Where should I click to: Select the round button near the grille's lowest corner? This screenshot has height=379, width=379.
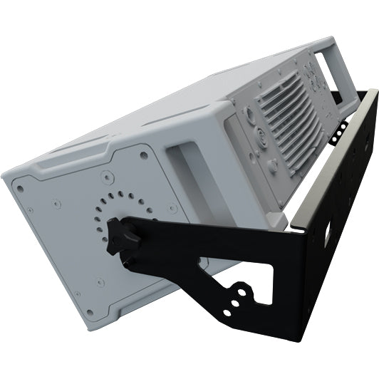tap(273, 165)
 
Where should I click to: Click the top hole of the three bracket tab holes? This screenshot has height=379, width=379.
tap(244, 291)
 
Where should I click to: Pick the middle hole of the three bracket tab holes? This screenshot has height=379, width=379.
tap(236, 301)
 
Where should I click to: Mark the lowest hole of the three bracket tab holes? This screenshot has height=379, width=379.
tap(227, 312)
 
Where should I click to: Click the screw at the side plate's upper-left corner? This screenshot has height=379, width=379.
tap(20, 189)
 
